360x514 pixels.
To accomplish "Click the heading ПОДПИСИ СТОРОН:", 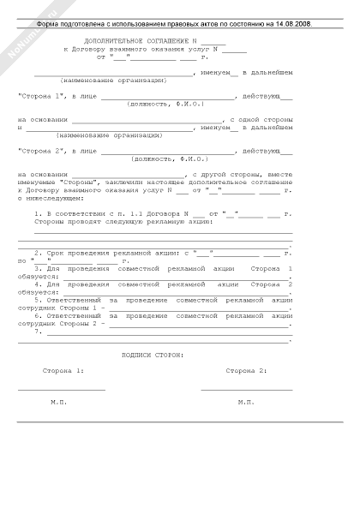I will pyautogui.click(x=153, y=354).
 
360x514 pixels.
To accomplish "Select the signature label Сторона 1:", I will pyautogui.click(x=63, y=371).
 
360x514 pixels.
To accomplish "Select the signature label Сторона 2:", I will pyautogui.click(x=247, y=371).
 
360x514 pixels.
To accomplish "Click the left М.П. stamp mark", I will pyautogui.click(x=58, y=402).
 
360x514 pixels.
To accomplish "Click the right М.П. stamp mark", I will pyautogui.click(x=247, y=402).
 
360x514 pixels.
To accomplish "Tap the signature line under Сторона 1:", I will pyautogui.click(x=62, y=390).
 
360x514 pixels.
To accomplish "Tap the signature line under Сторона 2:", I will pyautogui.click(x=247, y=390).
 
